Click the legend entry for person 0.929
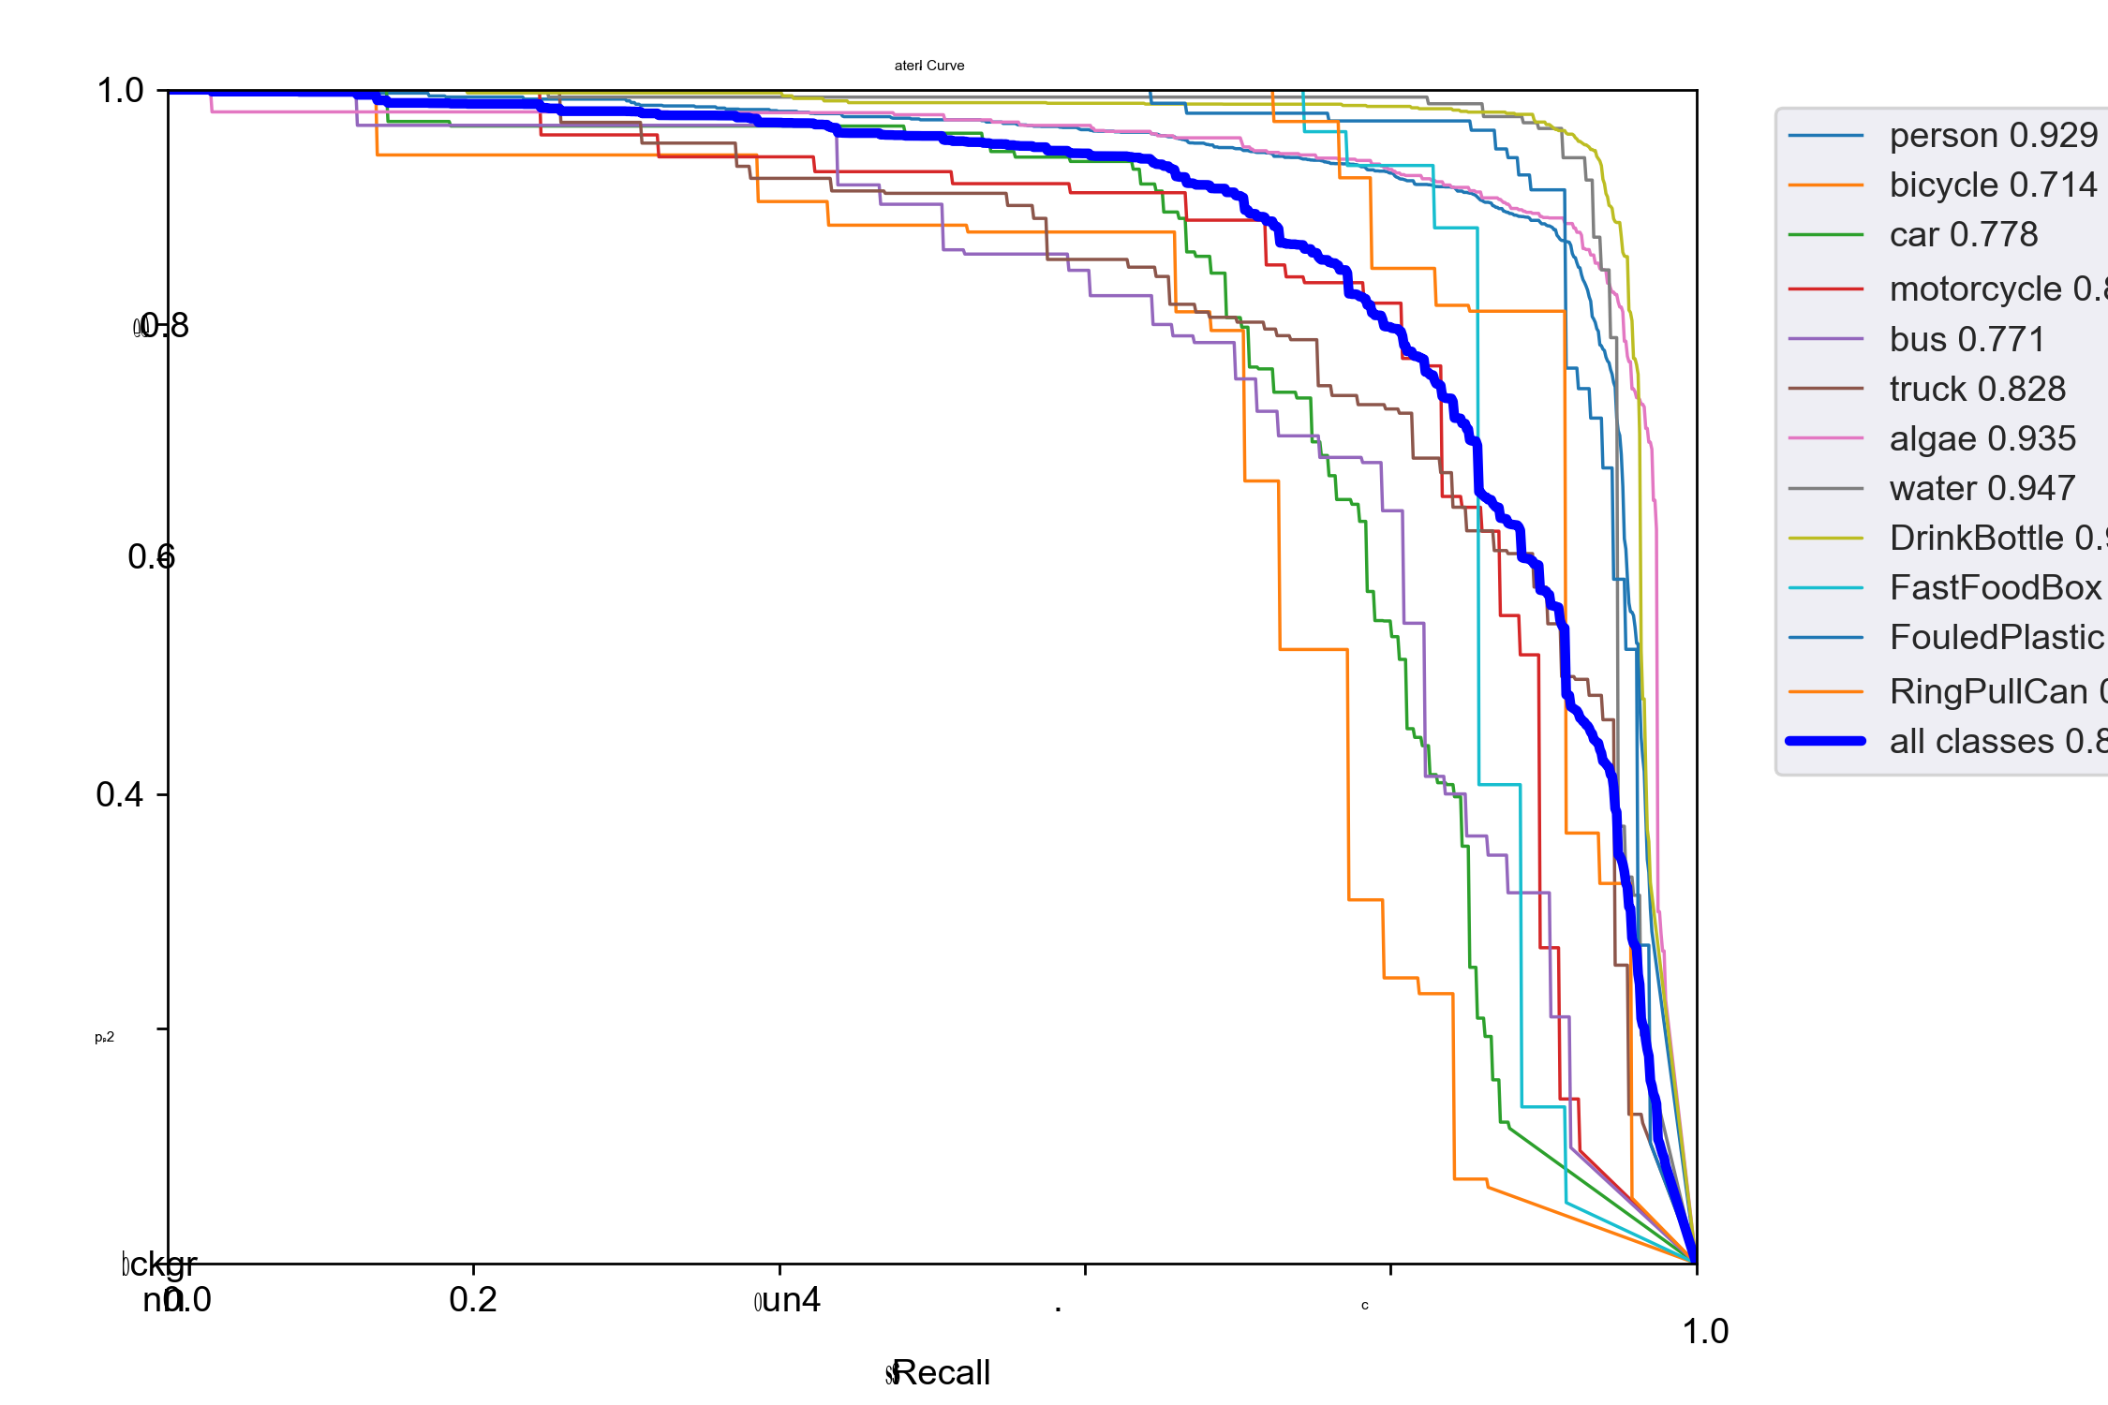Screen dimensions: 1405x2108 1993,136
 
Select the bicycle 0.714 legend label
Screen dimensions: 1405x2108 1993,185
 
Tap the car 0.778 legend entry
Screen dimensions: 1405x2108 1963,235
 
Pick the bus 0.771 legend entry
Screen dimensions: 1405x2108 1967,340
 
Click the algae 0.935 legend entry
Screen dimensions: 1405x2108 1982,439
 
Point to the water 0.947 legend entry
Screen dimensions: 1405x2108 1982,489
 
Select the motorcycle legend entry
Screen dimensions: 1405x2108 1996,289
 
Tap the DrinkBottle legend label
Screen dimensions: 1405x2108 1996,539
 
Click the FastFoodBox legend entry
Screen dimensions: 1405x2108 1996,588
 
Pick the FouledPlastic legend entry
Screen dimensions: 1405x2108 1996,638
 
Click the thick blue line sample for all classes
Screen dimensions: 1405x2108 1825,742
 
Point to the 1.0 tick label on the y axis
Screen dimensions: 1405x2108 120,91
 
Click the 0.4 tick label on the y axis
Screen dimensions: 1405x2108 119,795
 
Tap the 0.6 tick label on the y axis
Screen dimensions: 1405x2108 151,557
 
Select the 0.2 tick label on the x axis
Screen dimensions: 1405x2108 472,1300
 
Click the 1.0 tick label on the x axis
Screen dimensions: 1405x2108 1704,1332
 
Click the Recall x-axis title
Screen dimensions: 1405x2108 941,1373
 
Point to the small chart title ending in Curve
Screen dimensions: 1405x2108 928,66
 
